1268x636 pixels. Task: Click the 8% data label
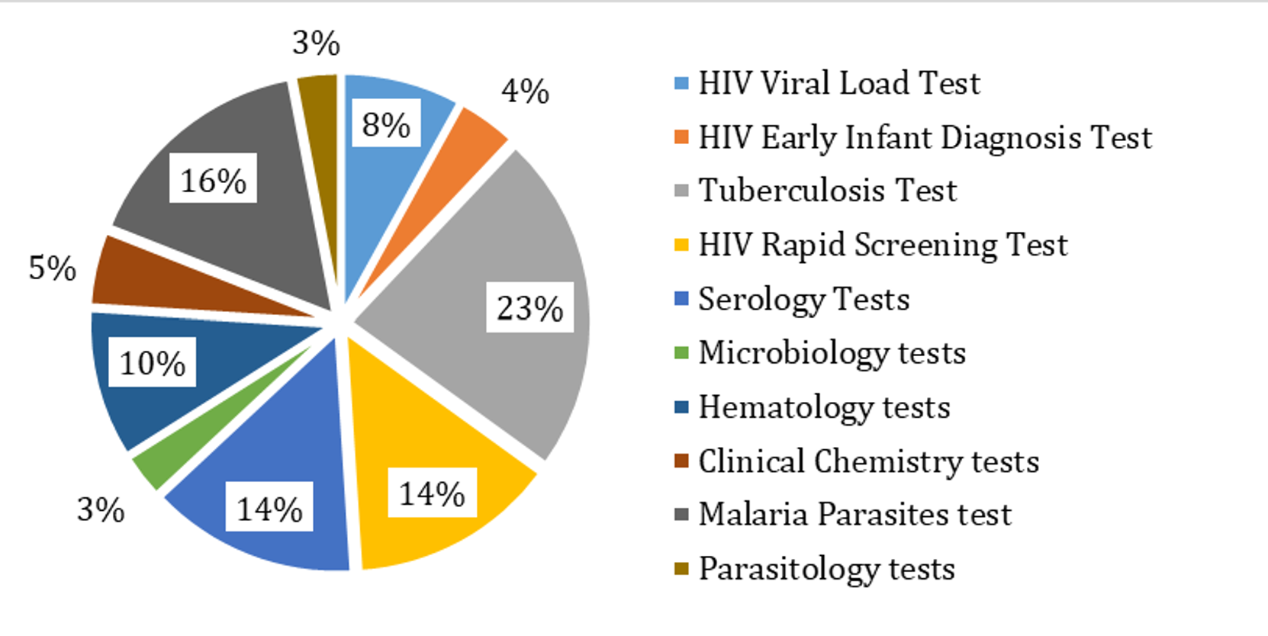point(386,124)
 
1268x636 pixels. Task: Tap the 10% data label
point(153,363)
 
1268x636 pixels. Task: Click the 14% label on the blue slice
point(269,509)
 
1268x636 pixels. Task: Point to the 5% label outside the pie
point(52,268)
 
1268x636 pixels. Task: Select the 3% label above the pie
point(316,43)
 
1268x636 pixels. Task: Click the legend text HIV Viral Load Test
point(838,83)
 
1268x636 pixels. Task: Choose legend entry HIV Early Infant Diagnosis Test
point(925,137)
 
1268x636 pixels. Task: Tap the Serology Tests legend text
point(803,299)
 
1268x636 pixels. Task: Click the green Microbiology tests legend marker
point(682,353)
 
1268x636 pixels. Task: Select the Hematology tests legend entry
point(824,407)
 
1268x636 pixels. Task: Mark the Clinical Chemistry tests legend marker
point(682,461)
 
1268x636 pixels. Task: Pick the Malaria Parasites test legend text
point(854,515)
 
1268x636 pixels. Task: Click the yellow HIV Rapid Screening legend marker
point(682,245)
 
